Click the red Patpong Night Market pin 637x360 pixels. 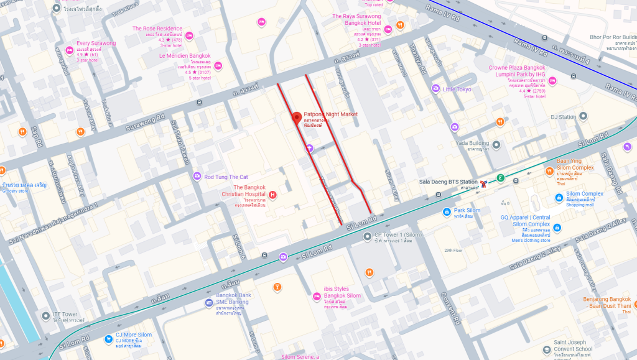[x=297, y=118]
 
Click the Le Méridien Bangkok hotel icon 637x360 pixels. [x=217, y=65]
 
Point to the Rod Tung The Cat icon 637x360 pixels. [x=197, y=177]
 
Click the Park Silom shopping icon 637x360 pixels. [x=447, y=211]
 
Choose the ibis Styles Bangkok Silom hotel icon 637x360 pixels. [x=316, y=296]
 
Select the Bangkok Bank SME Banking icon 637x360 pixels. [x=210, y=303]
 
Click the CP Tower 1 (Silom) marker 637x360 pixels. [x=367, y=236]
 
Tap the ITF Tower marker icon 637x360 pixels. [x=45, y=316]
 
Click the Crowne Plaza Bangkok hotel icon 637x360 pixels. [x=552, y=81]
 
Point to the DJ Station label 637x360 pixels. [x=563, y=117]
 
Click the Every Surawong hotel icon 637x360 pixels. [x=69, y=50]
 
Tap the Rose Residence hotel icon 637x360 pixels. [x=189, y=35]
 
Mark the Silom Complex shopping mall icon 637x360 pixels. [x=558, y=198]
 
